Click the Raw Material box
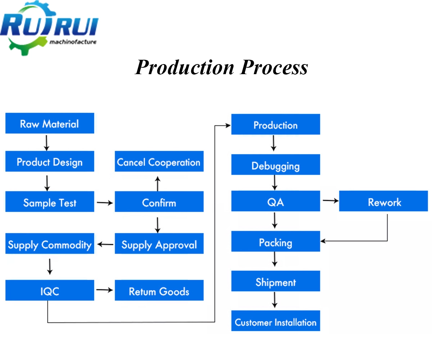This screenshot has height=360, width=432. click(x=50, y=123)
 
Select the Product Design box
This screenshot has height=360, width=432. click(x=50, y=162)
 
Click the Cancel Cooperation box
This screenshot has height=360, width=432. click(x=159, y=162)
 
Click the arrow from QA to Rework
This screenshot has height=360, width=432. click(x=330, y=201)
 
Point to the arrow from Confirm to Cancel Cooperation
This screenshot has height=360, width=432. click(x=157, y=184)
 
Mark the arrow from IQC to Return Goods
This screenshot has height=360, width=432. click(x=104, y=289)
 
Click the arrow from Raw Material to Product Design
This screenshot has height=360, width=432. click(x=46, y=143)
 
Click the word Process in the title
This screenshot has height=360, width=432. click(x=274, y=67)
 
